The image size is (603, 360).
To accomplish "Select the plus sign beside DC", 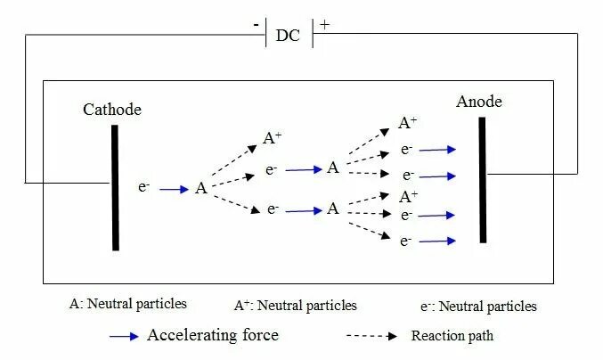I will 324,24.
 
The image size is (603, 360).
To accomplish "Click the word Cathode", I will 112,110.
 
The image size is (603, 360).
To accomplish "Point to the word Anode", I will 479,102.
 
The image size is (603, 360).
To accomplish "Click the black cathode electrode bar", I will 115,187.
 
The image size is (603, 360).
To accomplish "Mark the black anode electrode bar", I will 483,179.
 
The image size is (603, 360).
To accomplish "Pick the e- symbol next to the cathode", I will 144,187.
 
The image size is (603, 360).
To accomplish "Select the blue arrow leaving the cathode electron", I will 175,188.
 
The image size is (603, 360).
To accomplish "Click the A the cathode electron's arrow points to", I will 201,188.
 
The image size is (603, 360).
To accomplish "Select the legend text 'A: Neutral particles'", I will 128,303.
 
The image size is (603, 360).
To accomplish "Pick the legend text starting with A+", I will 295,305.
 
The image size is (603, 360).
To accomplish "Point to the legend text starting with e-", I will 477,306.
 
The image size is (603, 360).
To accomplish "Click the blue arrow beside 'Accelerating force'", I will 123,336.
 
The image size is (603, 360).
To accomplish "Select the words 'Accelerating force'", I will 213,335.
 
